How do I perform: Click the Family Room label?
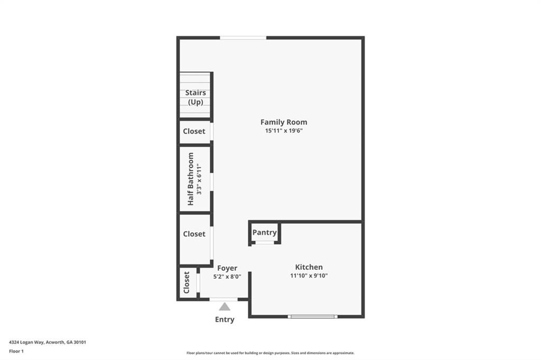[x=284, y=122]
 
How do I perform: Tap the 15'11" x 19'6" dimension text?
[x=284, y=131]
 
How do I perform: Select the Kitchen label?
[x=309, y=267]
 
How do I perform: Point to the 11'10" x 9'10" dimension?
[x=309, y=276]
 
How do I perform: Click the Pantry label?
[x=264, y=232]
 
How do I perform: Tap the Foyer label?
[x=227, y=268]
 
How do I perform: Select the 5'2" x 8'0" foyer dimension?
[x=227, y=276]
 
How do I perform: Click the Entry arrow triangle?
[x=225, y=307]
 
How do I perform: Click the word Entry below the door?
[x=225, y=319]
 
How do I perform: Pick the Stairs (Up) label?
[x=195, y=98]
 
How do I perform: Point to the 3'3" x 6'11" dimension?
[x=199, y=179]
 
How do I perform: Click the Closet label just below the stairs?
[x=194, y=131]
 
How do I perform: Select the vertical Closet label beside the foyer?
[x=186, y=282]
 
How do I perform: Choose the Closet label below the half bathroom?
[x=194, y=234]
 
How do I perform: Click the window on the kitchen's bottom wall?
[x=312, y=317]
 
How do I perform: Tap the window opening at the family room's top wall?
[x=243, y=37]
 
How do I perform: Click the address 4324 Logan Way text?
[x=48, y=342]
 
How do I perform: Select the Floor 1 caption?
[x=16, y=351]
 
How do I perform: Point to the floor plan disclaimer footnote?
[x=270, y=353]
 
